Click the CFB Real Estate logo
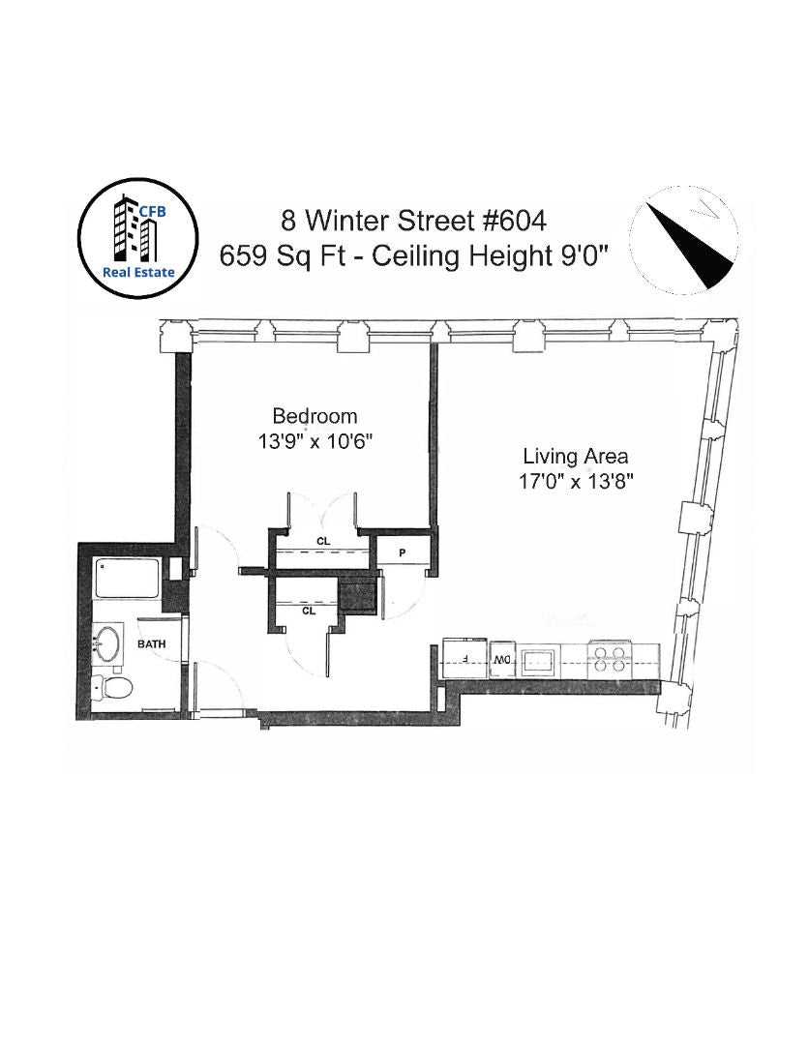tap(138, 238)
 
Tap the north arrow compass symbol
tap(684, 240)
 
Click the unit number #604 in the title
tap(515, 221)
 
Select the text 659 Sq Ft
tap(283, 255)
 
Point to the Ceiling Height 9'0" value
tap(491, 255)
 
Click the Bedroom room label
tap(315, 416)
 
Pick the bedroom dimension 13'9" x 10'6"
tap(315, 441)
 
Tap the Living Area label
tap(575, 457)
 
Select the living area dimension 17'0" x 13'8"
tap(576, 481)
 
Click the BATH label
tap(151, 643)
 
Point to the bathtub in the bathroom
tap(128, 578)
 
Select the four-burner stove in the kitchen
tap(609, 659)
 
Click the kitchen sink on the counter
tap(540, 661)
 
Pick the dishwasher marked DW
tap(502, 660)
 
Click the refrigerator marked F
tap(465, 659)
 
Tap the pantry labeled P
tap(402, 552)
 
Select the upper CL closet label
tap(323, 541)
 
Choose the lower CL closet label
tap(309, 611)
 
